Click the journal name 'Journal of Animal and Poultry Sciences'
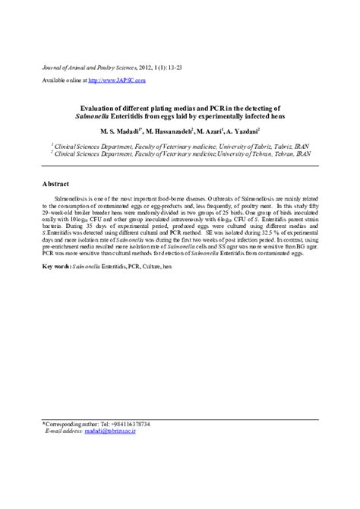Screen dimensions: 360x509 pos(87,68)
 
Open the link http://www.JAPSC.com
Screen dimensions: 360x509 pos(115,80)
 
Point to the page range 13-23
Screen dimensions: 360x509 pos(173,68)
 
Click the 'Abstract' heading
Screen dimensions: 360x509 pos(56,185)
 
